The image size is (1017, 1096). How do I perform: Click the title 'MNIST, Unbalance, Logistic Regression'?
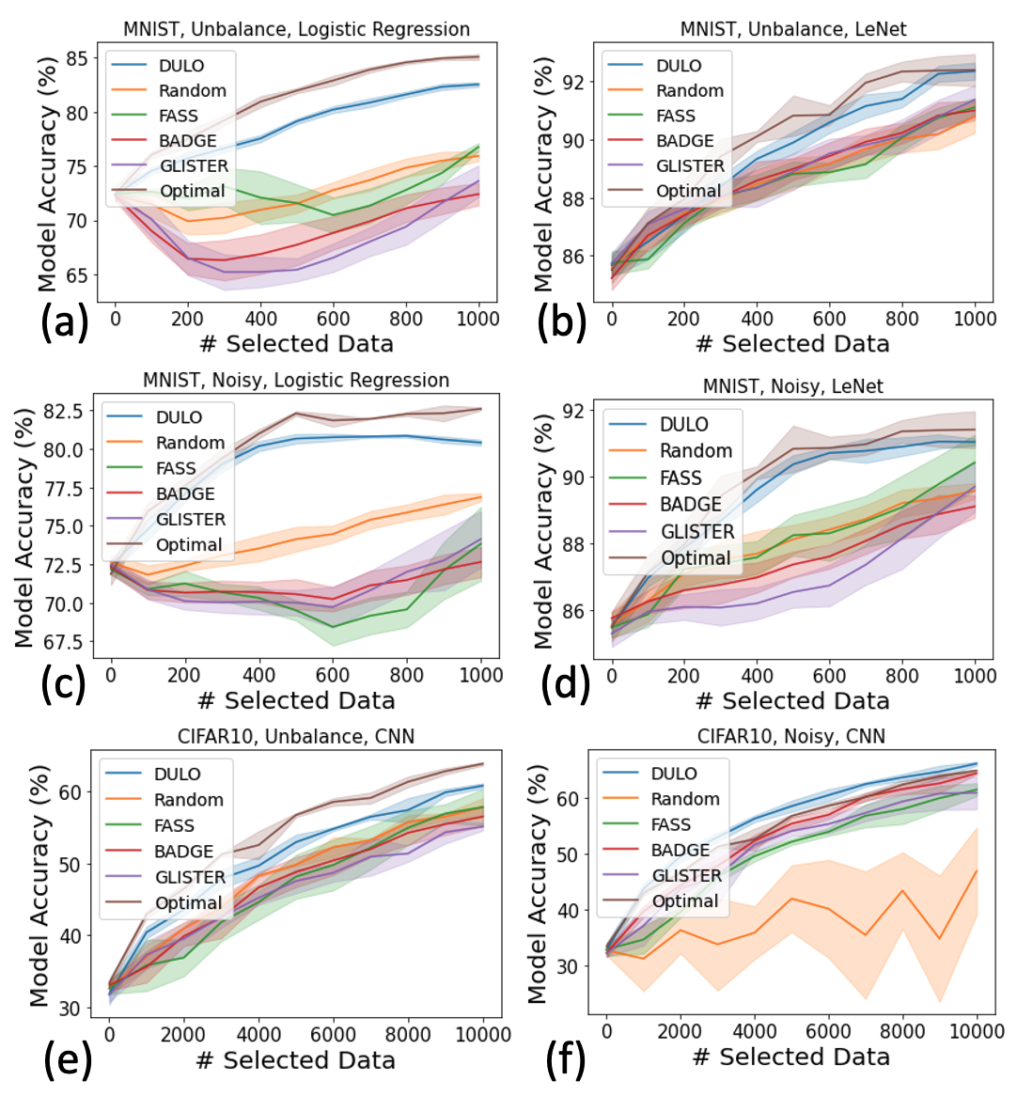[296, 29]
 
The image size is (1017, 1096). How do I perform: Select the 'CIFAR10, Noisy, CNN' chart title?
[791, 736]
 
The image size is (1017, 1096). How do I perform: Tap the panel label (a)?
[65, 322]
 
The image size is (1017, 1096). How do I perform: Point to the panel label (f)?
[566, 1058]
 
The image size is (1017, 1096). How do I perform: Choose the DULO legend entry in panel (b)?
[679, 66]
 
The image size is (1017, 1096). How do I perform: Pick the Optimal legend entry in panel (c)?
[189, 545]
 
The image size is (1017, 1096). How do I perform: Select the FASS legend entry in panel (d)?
[681, 478]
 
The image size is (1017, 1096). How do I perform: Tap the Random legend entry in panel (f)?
[685, 799]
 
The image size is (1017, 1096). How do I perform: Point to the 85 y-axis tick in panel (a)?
[78, 59]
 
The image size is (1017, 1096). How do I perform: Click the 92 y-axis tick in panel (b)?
[572, 83]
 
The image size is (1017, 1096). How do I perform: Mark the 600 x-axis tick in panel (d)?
[830, 675]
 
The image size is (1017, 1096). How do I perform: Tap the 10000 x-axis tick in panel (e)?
[483, 1034]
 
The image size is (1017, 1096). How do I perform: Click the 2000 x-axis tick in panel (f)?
[680, 1031]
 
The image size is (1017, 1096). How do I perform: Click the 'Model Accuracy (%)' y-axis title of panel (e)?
[39, 885]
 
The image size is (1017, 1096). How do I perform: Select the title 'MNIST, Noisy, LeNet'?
[793, 386]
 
